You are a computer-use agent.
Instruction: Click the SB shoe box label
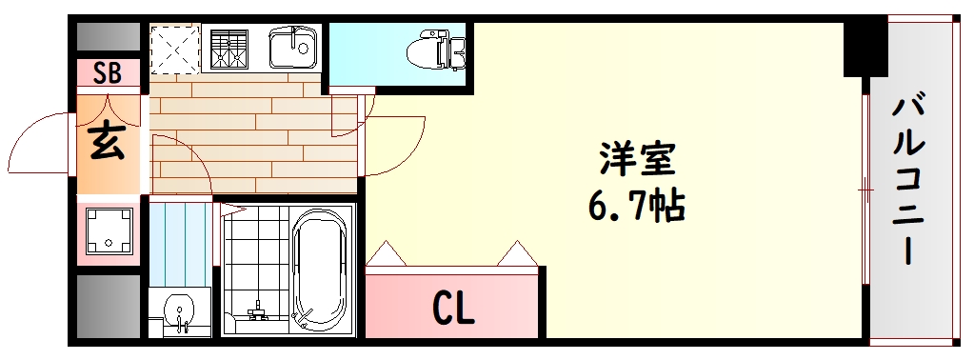click(x=108, y=73)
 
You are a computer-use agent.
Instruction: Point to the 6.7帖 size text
click(x=636, y=204)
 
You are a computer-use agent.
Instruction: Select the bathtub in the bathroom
click(x=322, y=270)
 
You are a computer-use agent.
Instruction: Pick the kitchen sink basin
click(x=291, y=46)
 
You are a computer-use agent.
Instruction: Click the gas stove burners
click(x=229, y=47)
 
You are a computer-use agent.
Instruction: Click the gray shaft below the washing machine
click(x=108, y=305)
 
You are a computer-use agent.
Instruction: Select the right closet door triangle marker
click(x=517, y=253)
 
